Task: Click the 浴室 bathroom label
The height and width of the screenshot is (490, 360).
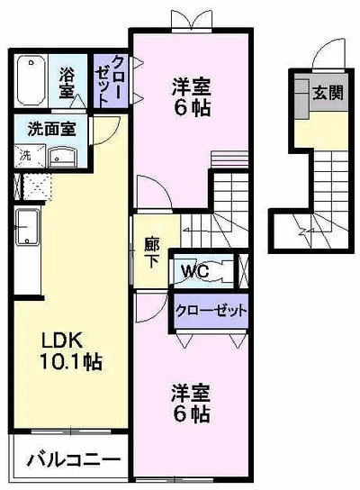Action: (67, 83)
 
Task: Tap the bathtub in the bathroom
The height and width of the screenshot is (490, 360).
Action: (31, 81)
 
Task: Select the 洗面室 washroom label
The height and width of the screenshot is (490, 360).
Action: (52, 129)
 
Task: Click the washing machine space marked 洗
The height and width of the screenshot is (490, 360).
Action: (29, 155)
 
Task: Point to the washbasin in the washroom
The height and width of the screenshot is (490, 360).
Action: (63, 157)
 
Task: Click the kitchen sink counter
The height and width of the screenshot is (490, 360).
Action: (28, 227)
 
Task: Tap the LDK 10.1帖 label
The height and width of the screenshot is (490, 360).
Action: (70, 351)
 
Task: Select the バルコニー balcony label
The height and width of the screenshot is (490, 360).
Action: (74, 459)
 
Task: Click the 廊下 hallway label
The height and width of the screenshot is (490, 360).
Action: (152, 253)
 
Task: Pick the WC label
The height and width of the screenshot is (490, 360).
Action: (195, 270)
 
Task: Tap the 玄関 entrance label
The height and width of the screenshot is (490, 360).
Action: (328, 93)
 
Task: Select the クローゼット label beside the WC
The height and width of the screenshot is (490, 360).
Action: (211, 311)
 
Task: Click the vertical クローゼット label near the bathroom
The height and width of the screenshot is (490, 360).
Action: (108, 81)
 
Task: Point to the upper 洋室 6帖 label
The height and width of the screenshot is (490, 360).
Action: (192, 97)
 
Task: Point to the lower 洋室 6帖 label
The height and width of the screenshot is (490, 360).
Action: (190, 404)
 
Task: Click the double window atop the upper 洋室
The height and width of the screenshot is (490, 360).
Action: (192, 21)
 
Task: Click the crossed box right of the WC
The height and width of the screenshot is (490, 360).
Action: (244, 270)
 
